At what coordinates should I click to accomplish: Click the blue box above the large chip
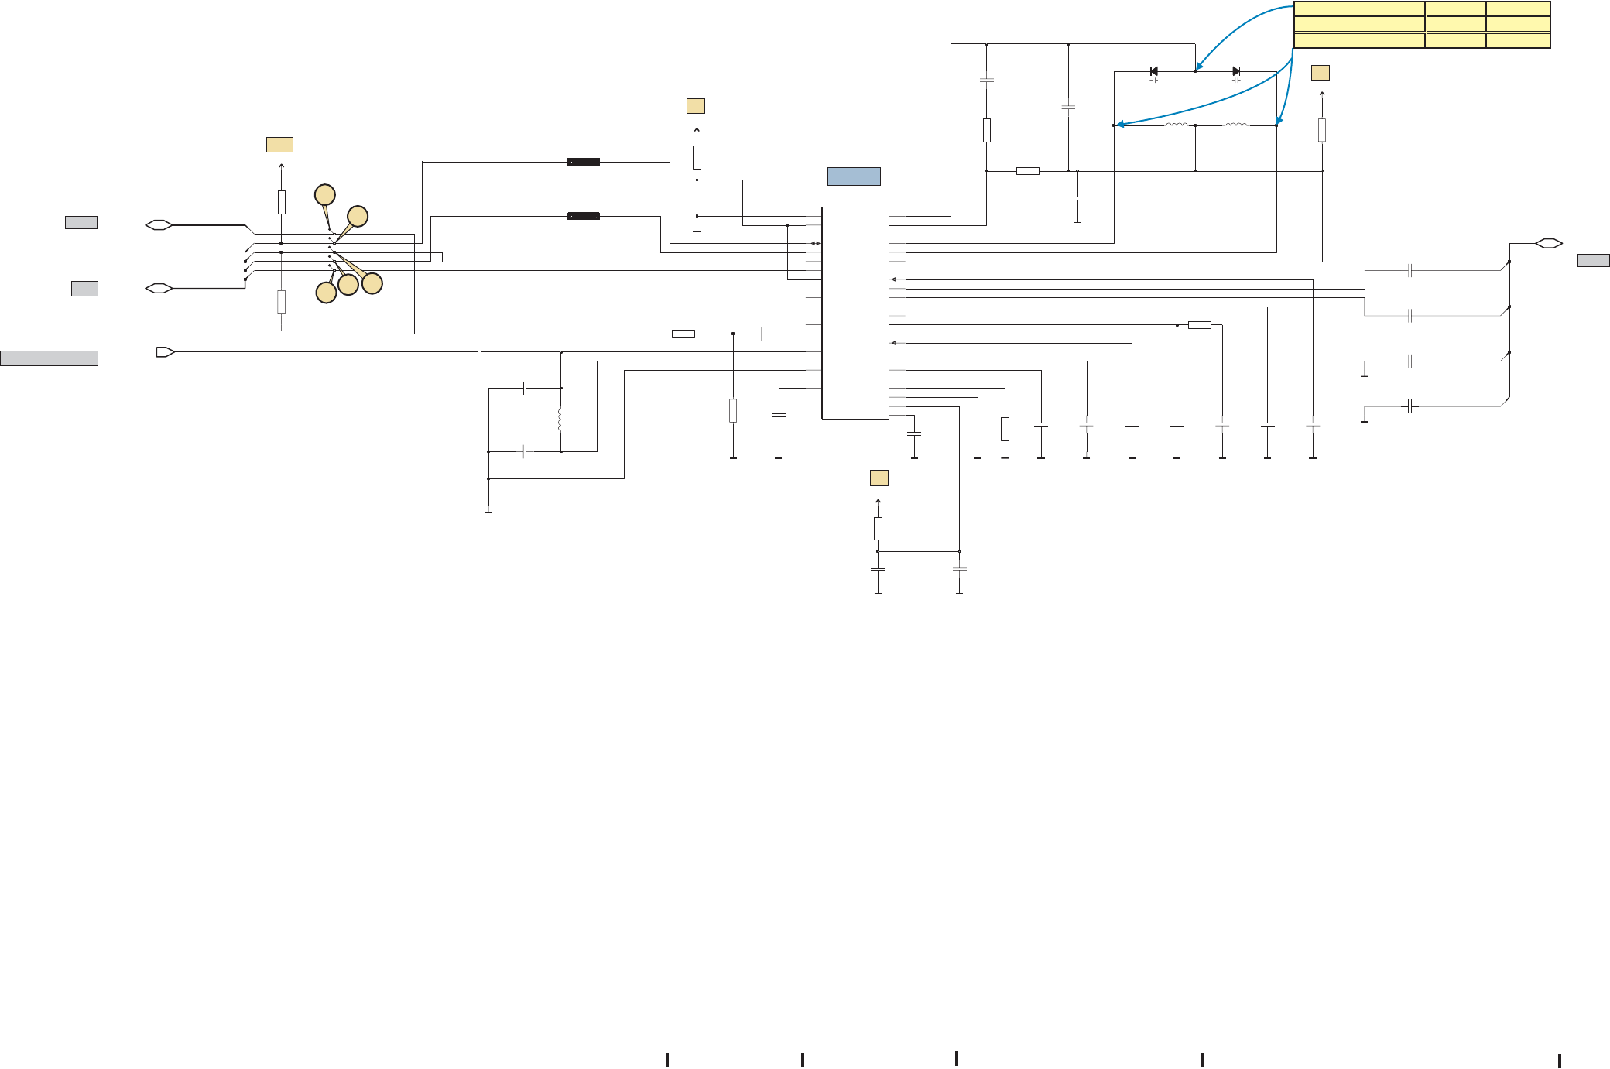pyautogui.click(x=854, y=176)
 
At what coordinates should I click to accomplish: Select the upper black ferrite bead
pyautogui.click(x=584, y=162)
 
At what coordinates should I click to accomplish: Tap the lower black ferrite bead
pyautogui.click(x=584, y=216)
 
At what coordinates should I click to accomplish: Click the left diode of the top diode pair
pyautogui.click(x=1154, y=71)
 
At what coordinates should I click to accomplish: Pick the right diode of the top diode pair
pyautogui.click(x=1236, y=71)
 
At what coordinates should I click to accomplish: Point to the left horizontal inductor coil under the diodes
pyautogui.click(x=1177, y=125)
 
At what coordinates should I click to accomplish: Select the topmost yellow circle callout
pyautogui.click(x=324, y=194)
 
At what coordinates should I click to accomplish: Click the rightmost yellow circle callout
pyautogui.click(x=372, y=284)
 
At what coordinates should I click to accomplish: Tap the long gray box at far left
pyautogui.click(x=49, y=358)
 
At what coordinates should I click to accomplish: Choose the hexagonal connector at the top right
pyautogui.click(x=1548, y=243)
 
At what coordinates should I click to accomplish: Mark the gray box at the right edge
pyautogui.click(x=1594, y=261)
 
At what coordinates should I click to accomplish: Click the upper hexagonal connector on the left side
pyautogui.click(x=159, y=225)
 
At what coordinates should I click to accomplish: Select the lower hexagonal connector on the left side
pyautogui.click(x=159, y=289)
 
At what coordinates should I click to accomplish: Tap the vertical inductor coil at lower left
pyautogui.click(x=560, y=420)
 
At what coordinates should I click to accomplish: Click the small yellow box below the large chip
pyautogui.click(x=879, y=478)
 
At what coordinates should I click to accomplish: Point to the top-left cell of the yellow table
pyautogui.click(x=1359, y=9)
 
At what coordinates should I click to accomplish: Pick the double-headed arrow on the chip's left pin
pyautogui.click(x=815, y=244)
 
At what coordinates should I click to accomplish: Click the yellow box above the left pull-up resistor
pyautogui.click(x=279, y=145)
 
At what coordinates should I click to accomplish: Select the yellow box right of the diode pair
pyautogui.click(x=1321, y=73)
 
